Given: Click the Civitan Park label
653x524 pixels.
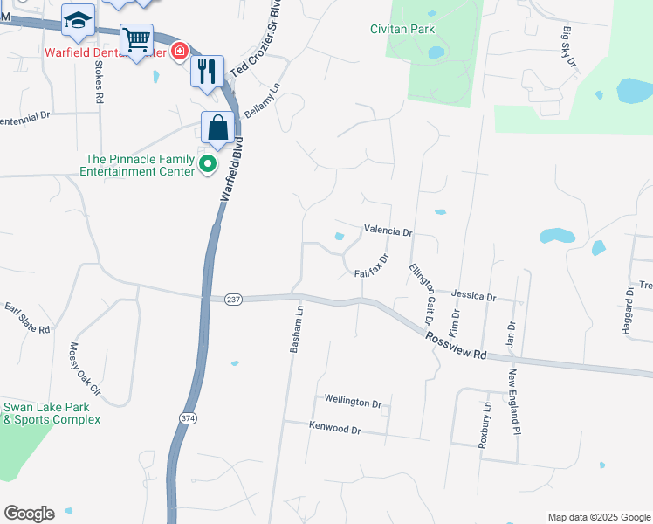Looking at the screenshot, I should (x=402, y=29).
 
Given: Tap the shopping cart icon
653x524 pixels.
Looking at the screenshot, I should (x=136, y=40).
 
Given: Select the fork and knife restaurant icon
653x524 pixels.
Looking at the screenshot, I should (x=207, y=70).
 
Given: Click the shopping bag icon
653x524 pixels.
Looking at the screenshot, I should (x=217, y=128).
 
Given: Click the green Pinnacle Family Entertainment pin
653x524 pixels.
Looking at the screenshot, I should (x=208, y=163).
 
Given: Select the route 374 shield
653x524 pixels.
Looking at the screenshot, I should (x=188, y=419).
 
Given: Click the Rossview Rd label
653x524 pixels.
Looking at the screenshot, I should (x=456, y=344).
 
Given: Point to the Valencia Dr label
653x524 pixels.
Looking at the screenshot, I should (x=388, y=231).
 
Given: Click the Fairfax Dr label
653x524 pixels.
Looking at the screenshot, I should (x=371, y=266).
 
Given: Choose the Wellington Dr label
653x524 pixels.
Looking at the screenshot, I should (x=354, y=403).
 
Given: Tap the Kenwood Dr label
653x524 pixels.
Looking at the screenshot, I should (x=334, y=429).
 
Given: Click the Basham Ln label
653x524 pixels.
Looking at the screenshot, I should (x=296, y=328).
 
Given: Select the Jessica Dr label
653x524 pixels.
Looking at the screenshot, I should (x=474, y=296).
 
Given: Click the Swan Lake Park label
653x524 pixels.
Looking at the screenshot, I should (x=52, y=413).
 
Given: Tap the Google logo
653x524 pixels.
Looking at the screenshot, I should (x=29, y=514).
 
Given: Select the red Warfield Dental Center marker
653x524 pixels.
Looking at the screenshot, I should (x=179, y=52).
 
